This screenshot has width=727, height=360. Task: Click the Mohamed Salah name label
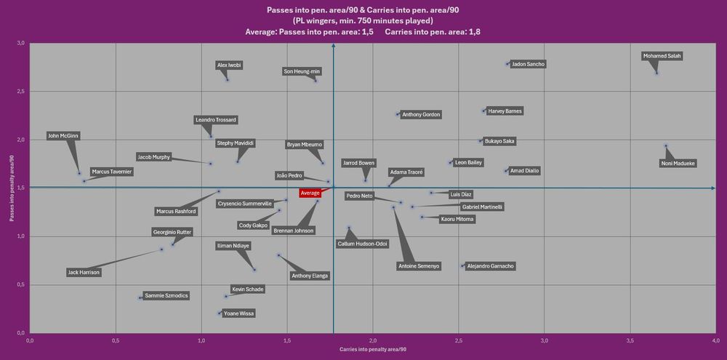(x=662, y=56)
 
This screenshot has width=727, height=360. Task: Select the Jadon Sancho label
(x=529, y=64)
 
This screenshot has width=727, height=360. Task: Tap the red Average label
(x=310, y=193)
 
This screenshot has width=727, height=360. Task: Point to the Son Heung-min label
(x=302, y=71)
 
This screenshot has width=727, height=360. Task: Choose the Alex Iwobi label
(x=230, y=65)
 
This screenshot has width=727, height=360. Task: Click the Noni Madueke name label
(x=678, y=164)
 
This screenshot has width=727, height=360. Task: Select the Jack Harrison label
(x=84, y=273)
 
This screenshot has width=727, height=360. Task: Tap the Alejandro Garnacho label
(x=491, y=266)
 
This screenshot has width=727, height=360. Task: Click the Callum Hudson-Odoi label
(x=363, y=244)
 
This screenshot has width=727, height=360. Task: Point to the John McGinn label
(x=63, y=136)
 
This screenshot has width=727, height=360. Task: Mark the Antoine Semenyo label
(x=419, y=266)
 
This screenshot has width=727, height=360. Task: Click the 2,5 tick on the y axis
(x=19, y=92)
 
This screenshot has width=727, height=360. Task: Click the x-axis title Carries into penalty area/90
(x=372, y=351)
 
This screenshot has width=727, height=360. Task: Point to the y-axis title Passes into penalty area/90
(x=9, y=187)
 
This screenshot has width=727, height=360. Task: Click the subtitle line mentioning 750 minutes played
(x=363, y=20)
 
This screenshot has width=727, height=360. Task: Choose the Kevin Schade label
(x=247, y=289)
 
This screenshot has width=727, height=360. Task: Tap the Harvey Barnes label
(x=505, y=111)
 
